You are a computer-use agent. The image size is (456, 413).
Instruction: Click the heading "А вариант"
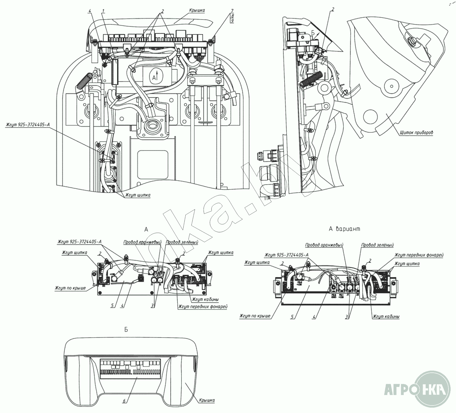(x=344, y=229)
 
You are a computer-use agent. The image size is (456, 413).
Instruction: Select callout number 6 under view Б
(x=124, y=401)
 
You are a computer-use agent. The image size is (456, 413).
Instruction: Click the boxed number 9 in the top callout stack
(x=232, y=20)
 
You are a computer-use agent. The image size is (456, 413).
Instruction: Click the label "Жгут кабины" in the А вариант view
(x=386, y=316)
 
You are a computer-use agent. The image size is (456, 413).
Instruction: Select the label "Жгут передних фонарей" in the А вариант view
(x=418, y=255)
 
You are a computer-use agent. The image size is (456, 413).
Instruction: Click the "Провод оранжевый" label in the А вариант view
(x=324, y=245)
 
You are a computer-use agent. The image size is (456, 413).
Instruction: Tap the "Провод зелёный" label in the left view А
(x=182, y=242)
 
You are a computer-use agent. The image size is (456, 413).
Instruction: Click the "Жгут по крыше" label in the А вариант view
(x=255, y=316)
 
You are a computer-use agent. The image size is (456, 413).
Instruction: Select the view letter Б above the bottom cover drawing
(x=126, y=330)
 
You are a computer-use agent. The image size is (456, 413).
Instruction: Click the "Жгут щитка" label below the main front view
(x=137, y=195)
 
